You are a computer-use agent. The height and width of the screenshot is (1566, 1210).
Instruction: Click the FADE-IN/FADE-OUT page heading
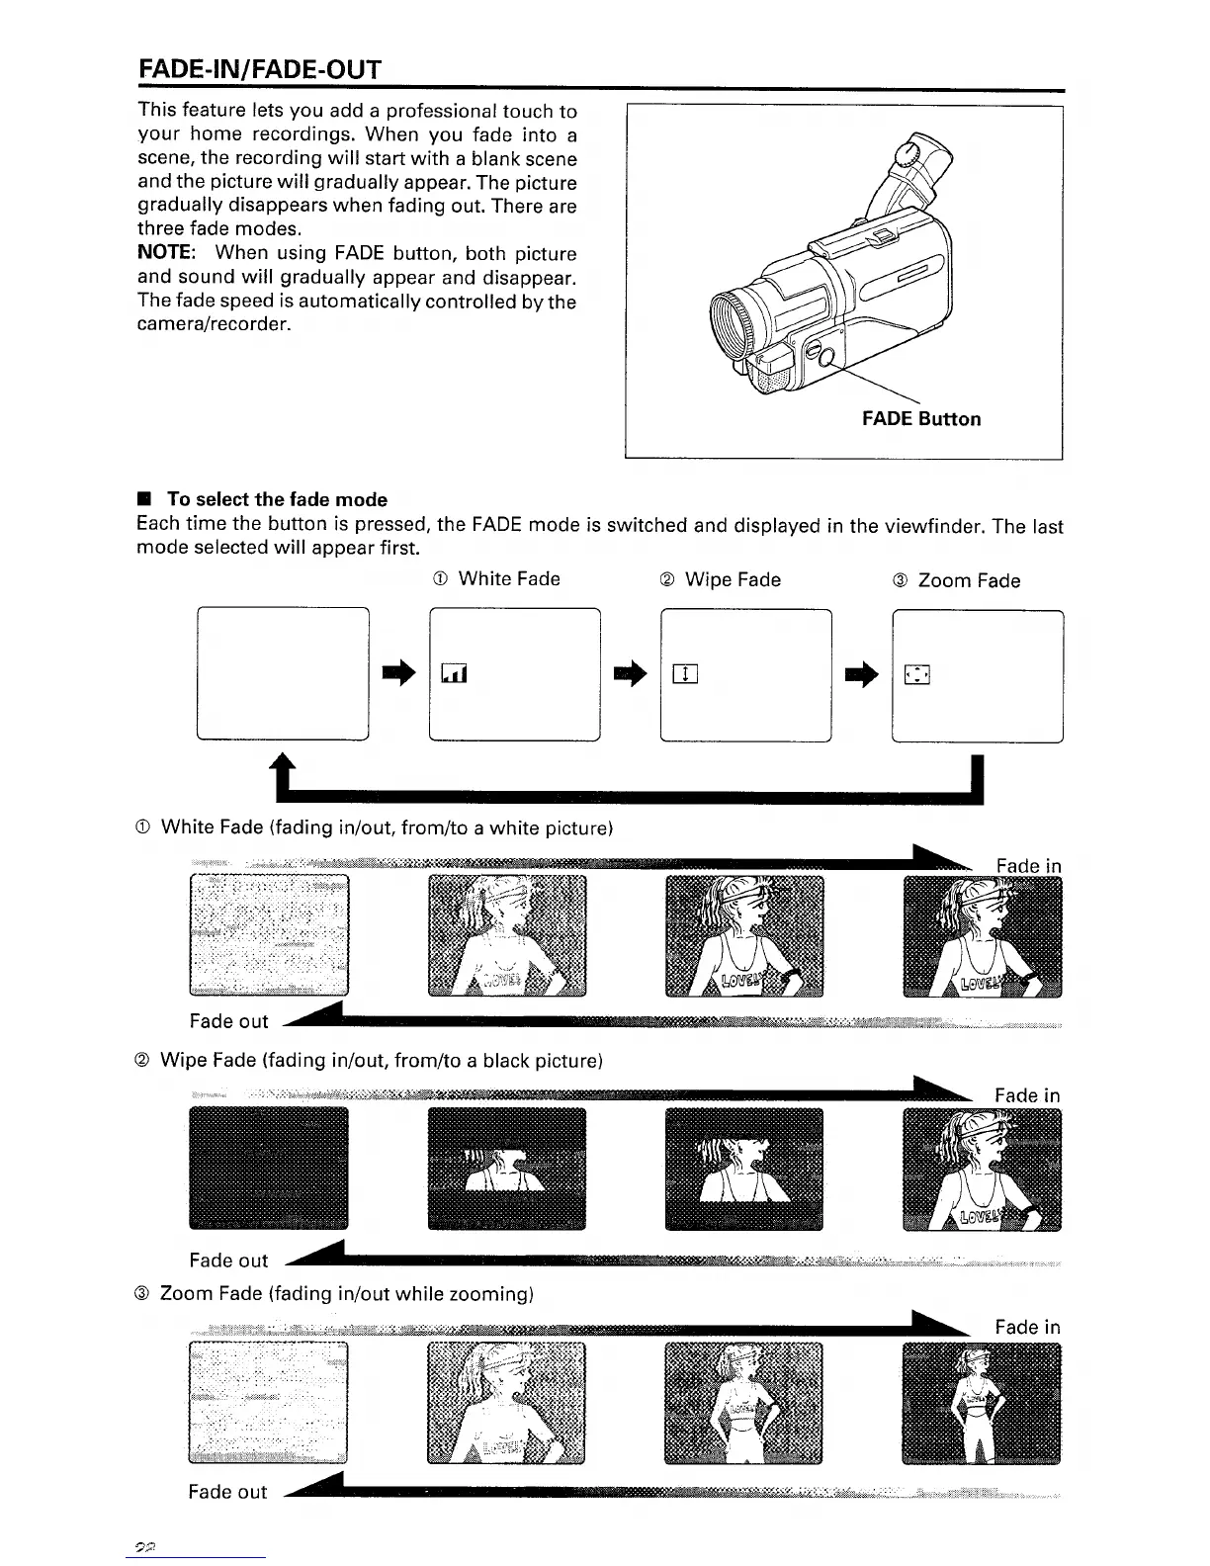pos(259,69)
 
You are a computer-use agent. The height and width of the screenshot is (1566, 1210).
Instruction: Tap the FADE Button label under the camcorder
pos(920,418)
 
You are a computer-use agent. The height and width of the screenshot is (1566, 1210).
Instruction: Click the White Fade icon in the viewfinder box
pos(454,674)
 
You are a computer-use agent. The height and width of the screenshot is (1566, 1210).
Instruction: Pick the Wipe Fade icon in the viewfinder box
pos(685,675)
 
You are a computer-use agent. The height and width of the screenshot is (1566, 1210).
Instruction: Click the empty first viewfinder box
pos(283,674)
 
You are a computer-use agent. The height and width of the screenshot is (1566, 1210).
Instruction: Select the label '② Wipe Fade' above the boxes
pos(719,579)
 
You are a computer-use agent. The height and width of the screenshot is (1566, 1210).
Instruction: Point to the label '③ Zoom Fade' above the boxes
pos(955,580)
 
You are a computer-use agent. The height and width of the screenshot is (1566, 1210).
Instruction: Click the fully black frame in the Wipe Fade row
pos(268,1168)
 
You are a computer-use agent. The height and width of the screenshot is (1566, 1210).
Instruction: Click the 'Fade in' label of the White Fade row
pos(1028,866)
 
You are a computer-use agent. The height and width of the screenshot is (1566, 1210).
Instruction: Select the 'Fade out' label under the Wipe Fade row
pos(228,1260)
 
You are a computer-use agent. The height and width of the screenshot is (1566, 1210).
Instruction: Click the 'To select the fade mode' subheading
pos(276,499)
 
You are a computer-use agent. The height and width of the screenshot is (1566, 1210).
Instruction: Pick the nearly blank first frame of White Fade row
pos(268,934)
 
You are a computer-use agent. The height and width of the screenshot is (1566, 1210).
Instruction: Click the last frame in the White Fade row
pos(983,936)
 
